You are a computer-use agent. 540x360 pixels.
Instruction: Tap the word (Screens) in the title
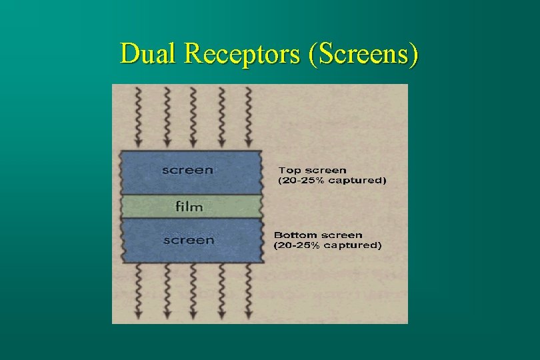tap(363, 53)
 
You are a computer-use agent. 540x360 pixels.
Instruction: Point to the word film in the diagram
tap(189, 206)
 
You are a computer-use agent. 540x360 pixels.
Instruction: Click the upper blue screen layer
tap(227, 171)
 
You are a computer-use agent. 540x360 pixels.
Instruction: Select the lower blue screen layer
tap(227, 240)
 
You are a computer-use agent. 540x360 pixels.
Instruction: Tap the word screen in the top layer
tap(187, 170)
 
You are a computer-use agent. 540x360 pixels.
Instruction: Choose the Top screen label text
tap(312, 171)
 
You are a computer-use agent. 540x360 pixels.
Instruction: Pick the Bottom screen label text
tap(319, 235)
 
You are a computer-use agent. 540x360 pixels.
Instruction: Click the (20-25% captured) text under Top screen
tap(331, 181)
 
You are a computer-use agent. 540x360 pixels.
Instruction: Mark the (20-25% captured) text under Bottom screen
tap(328, 245)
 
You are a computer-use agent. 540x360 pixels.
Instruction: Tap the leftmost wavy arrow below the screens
tap(139, 290)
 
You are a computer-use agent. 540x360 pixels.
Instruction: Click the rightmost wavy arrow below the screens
tap(248, 290)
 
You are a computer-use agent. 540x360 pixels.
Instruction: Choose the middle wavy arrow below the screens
tap(193, 290)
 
